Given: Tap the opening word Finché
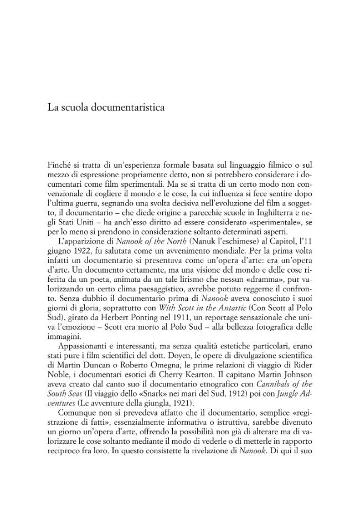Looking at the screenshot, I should (x=60, y=165).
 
